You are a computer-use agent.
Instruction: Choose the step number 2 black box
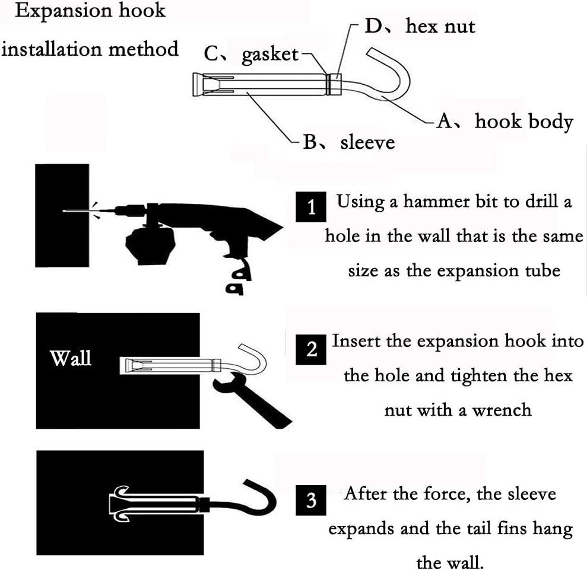[312, 349]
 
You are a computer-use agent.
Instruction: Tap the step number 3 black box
[310, 501]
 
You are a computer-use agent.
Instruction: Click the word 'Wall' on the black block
[71, 358]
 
